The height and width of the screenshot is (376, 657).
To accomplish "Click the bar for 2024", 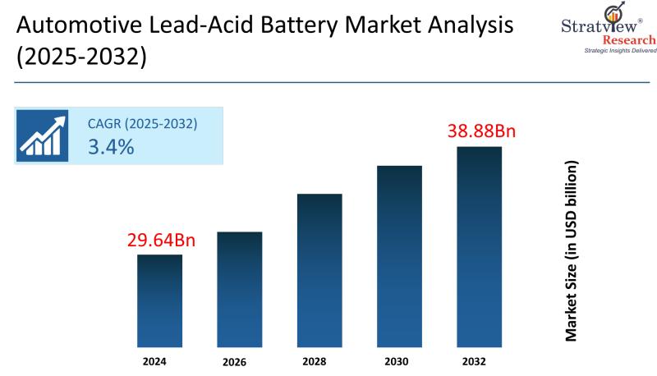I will point(159,300).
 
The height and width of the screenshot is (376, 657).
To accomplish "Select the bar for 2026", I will point(240,289).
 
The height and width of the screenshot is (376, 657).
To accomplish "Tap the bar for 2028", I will point(319,270).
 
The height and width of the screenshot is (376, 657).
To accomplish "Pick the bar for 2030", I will point(399,256).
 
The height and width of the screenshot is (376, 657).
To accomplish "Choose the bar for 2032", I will point(479,246).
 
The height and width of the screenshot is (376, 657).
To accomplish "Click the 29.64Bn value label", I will point(161,241).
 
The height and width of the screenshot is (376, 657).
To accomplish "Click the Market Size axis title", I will point(572,250).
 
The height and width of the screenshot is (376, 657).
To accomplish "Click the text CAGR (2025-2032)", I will point(142,124).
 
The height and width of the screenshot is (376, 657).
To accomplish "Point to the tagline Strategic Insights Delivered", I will point(620,51).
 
